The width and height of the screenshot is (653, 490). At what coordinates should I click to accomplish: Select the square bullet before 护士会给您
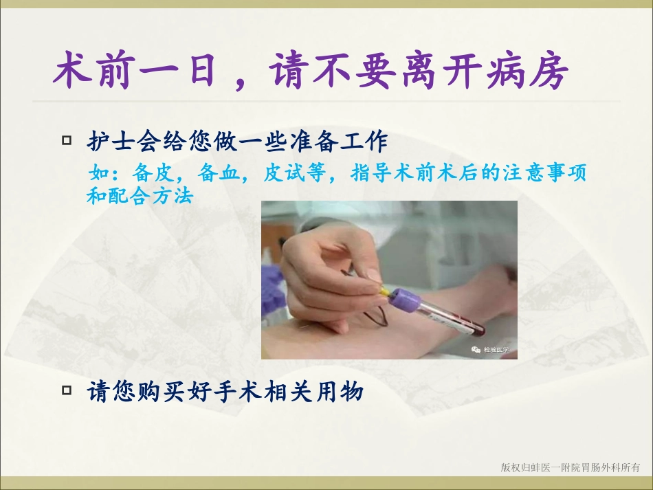(x=67, y=141)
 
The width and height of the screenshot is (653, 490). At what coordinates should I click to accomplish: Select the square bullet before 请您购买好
(x=67, y=391)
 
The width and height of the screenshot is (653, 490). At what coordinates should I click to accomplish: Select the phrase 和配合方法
(x=140, y=197)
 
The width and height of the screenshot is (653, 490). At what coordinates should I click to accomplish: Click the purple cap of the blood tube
(x=408, y=301)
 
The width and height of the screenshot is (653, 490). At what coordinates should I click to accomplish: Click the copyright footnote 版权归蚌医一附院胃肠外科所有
(x=570, y=468)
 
